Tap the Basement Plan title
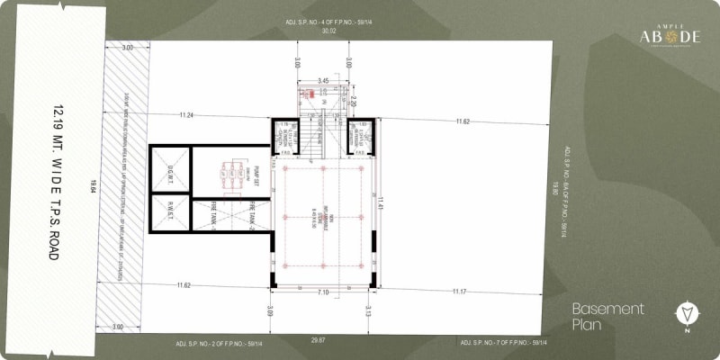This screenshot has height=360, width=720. point(608,316)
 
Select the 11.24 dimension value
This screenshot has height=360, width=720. point(186,115)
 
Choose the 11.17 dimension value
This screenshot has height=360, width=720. point(459,291)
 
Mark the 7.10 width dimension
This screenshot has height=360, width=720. point(322,292)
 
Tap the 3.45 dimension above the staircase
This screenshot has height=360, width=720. point(323,81)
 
